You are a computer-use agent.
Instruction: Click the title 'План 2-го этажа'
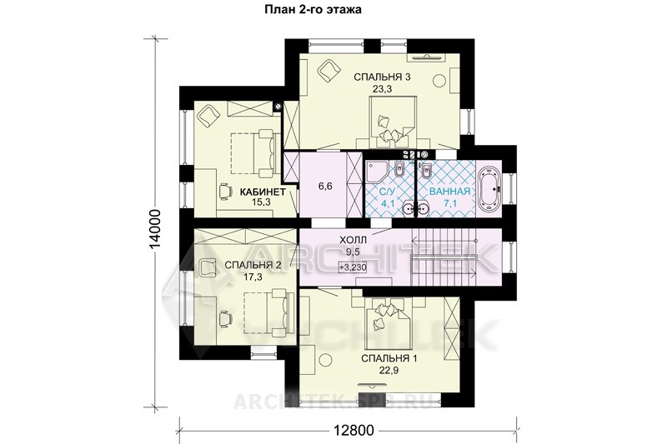coord(313,10)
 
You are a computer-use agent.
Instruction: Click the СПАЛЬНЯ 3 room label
coord(382,77)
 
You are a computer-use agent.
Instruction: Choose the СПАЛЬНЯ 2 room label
coord(253,265)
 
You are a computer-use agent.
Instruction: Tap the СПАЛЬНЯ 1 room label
coord(389,358)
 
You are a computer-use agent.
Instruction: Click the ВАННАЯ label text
coord(449,192)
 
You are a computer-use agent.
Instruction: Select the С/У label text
coord(387,192)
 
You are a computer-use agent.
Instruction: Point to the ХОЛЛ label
coord(353,241)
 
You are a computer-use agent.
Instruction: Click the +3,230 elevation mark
coord(352,267)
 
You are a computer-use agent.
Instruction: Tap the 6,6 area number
coord(325,186)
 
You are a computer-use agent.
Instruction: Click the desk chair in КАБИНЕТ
coord(224,190)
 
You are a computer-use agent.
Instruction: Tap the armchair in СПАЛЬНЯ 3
coord(328,70)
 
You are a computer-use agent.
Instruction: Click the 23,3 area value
coord(382,89)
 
